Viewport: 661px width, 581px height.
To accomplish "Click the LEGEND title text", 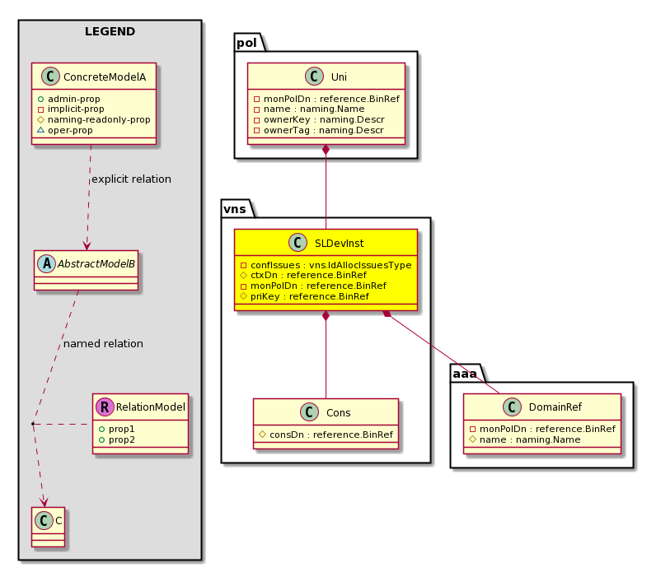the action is click(x=110, y=31).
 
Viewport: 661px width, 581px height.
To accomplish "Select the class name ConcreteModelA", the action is click(x=105, y=77).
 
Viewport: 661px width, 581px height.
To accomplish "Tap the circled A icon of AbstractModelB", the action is click(x=46, y=264).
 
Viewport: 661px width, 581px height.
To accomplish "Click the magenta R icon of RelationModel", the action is click(x=105, y=407).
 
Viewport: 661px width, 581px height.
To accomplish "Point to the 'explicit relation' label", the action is click(x=132, y=179).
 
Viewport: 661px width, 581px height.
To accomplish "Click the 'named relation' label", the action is click(x=103, y=344).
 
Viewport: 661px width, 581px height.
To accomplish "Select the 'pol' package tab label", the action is click(x=246, y=43).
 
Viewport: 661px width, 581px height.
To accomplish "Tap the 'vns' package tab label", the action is click(x=235, y=209).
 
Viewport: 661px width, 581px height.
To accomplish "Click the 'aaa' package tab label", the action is click(x=465, y=374).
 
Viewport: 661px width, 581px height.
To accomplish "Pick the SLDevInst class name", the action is click(x=339, y=244).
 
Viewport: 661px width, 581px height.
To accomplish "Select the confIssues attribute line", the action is click(x=326, y=265).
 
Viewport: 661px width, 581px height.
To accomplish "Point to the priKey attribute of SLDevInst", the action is click(x=304, y=296).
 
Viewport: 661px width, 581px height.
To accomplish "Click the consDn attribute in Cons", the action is click(x=326, y=435).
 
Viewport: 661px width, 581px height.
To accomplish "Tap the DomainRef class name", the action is click(x=556, y=407).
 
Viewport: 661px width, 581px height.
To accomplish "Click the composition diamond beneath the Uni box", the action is click(x=326, y=150).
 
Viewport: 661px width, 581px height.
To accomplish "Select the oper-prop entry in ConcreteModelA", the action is click(x=65, y=131).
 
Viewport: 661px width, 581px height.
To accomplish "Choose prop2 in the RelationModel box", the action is click(x=117, y=440).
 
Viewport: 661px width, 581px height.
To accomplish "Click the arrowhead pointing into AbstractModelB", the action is click(x=87, y=246).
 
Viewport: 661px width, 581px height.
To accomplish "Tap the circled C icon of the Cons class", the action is click(x=309, y=412).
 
